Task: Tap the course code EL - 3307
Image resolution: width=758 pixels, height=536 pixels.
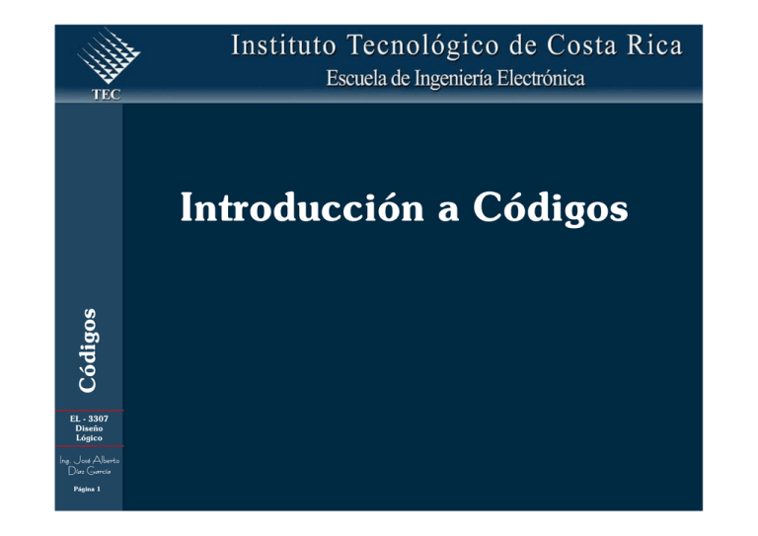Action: [x=89, y=419]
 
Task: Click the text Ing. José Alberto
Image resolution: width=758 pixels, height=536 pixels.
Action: [x=89, y=459]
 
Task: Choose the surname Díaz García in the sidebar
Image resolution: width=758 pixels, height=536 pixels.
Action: [x=89, y=471]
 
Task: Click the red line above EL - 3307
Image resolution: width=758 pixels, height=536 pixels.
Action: [x=89, y=411]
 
